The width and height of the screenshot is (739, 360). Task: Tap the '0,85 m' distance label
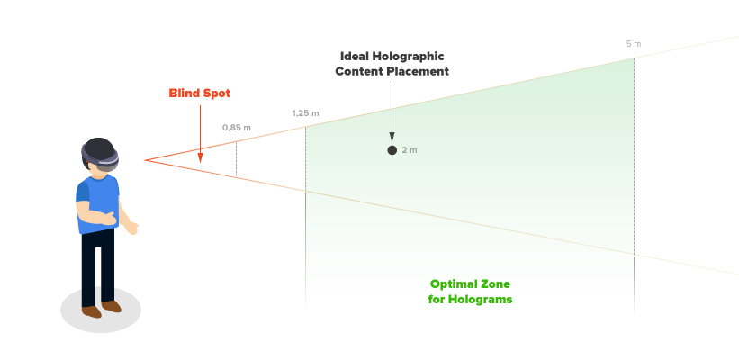(237, 128)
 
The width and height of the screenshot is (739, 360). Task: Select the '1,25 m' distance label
(305, 113)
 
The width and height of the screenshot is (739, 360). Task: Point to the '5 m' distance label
(634, 44)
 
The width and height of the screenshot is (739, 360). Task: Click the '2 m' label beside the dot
(410, 150)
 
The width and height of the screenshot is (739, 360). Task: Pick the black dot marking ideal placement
(392, 150)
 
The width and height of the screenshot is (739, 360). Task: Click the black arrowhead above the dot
(392, 136)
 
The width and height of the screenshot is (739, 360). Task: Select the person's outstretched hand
(131, 229)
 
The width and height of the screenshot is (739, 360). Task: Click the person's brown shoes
(100, 310)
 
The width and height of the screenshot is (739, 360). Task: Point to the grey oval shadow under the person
(101, 311)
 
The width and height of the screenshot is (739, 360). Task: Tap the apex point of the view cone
(144, 160)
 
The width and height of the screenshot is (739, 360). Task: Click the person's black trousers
(97, 266)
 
